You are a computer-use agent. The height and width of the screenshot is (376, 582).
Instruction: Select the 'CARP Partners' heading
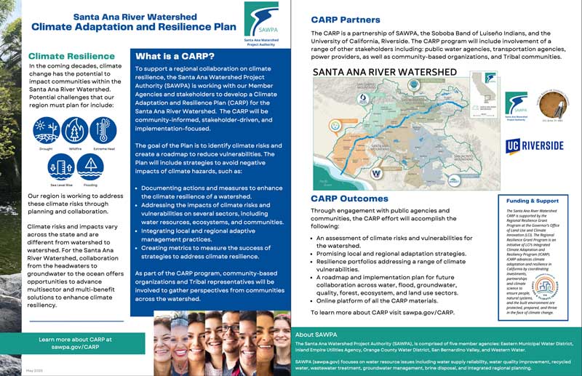347,20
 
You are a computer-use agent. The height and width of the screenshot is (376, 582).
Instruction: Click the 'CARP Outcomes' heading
349,198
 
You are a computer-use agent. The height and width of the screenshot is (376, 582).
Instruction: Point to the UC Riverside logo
534,145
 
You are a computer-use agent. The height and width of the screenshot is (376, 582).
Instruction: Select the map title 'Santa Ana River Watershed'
384,73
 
